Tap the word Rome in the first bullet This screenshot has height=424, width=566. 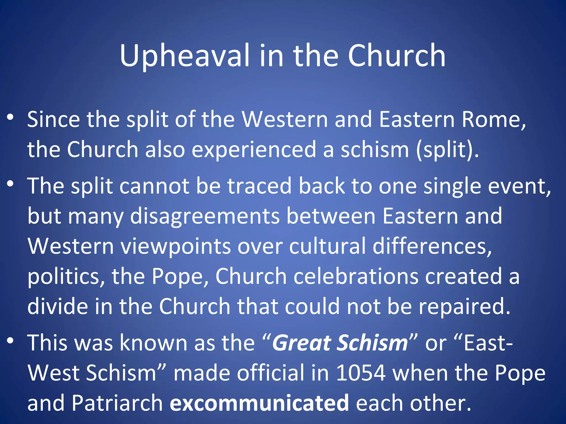493,120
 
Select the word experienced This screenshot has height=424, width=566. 254,150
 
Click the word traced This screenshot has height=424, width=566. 259,186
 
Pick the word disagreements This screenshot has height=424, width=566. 205,216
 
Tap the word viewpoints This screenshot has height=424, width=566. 176,246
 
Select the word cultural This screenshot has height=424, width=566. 327,246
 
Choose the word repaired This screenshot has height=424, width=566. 464,306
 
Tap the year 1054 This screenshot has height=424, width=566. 361,373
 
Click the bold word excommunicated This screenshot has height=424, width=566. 259,403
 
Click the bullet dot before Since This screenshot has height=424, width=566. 10,117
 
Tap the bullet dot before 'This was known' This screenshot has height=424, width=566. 10,341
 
